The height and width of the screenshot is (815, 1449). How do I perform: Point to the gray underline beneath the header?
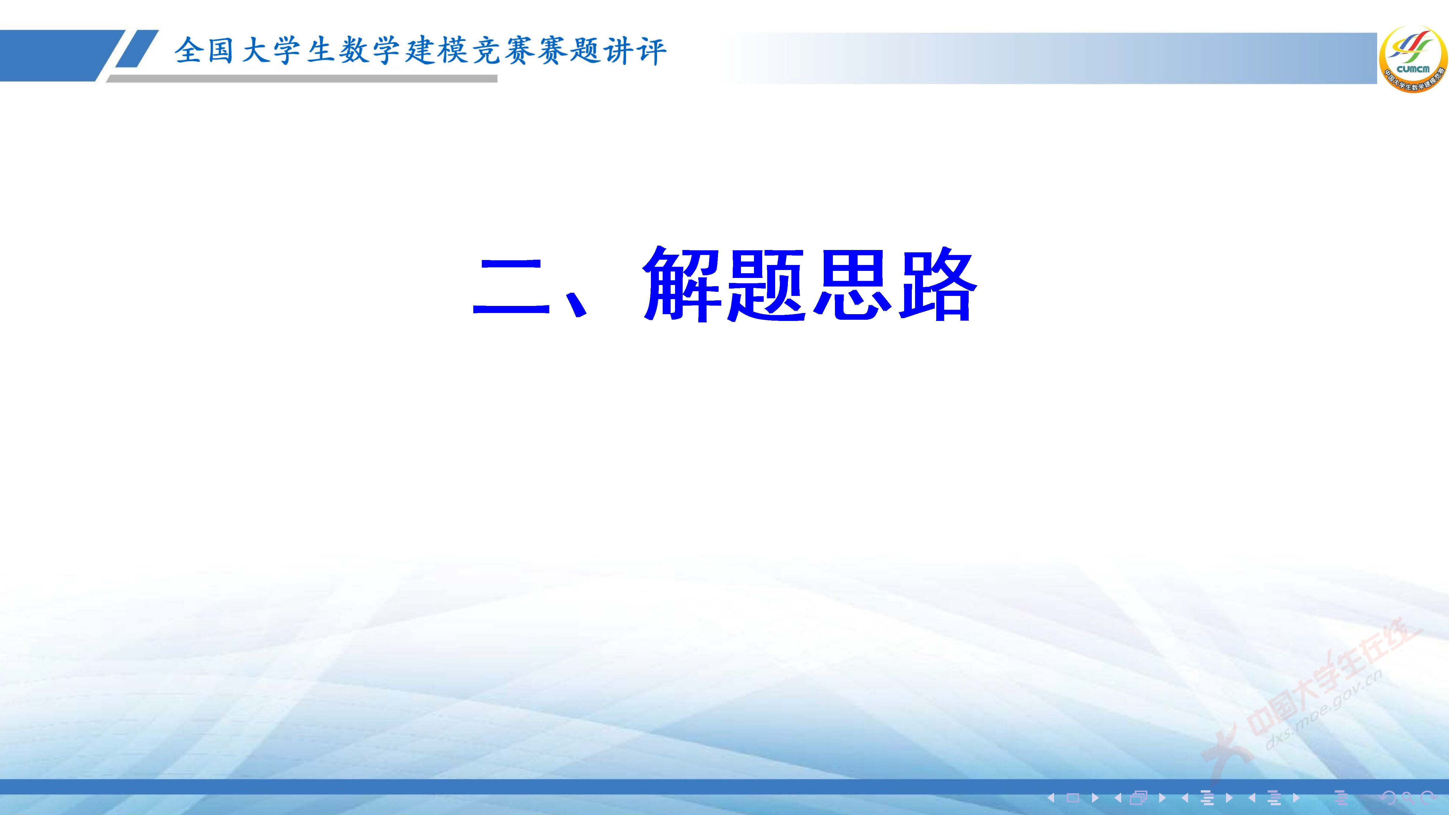(x=304, y=79)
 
